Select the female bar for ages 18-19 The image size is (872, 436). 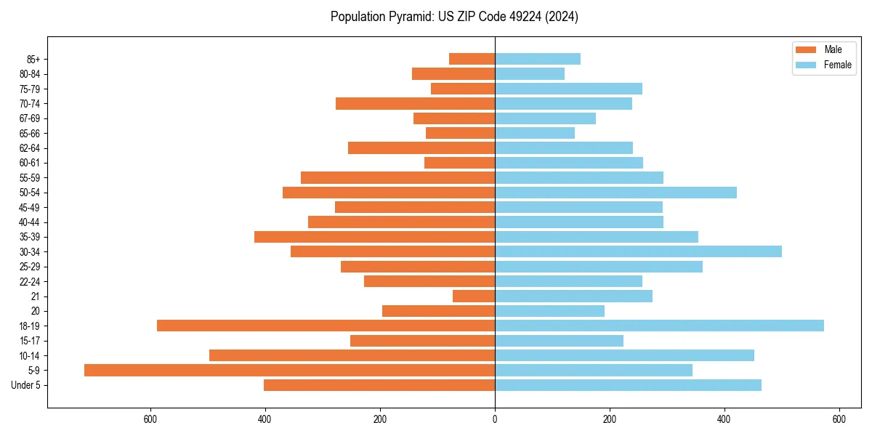(659, 326)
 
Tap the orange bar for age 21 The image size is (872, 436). (474, 296)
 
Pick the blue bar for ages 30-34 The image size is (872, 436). (638, 251)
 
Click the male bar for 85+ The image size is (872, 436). (472, 59)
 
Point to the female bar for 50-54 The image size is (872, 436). (615, 193)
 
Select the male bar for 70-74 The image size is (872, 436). (415, 103)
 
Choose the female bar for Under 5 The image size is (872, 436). (628, 385)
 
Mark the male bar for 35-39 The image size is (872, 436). (374, 237)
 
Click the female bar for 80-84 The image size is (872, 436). (530, 73)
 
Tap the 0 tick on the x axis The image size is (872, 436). (495, 419)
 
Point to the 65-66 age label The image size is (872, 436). (30, 134)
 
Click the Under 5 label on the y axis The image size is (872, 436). (25, 385)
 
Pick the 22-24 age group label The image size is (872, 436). (30, 281)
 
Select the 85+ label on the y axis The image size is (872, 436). (33, 59)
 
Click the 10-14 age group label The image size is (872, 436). (30, 355)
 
